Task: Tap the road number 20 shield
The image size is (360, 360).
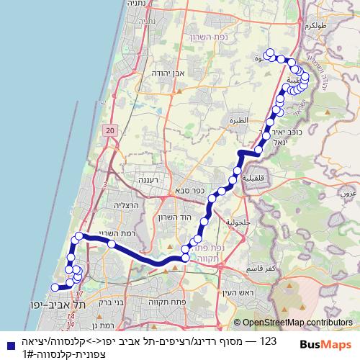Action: [109, 130]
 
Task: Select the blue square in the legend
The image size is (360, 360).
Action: [7, 344]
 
